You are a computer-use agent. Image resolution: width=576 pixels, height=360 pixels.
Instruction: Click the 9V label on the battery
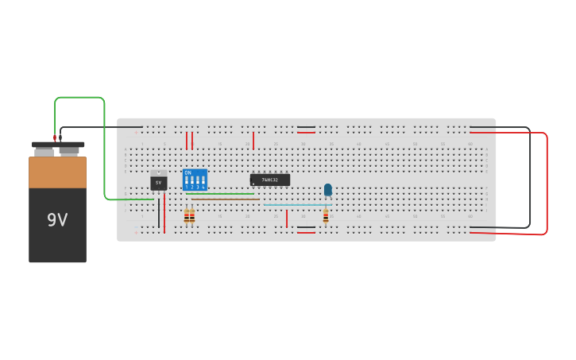pyautogui.click(x=57, y=220)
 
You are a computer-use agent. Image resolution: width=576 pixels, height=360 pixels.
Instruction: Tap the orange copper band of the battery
pyautogui.click(x=57, y=172)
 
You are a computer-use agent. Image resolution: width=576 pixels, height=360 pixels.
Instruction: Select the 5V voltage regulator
pyautogui.click(x=158, y=182)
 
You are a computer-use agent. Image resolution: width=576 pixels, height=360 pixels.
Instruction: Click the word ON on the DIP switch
pyautogui.click(x=187, y=172)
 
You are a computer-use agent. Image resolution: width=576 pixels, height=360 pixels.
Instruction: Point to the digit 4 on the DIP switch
pyautogui.click(x=203, y=188)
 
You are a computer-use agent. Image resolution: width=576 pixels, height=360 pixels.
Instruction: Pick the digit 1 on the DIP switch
pyautogui.click(x=187, y=188)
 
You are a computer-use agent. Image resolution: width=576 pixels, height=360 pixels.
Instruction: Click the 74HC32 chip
pyautogui.click(x=270, y=180)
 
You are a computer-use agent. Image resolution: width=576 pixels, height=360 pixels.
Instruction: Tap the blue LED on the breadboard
pyautogui.click(x=328, y=190)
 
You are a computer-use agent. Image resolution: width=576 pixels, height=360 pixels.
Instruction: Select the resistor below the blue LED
pyautogui.click(x=326, y=215)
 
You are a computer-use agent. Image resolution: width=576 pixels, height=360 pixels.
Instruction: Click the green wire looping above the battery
pyautogui.click(x=79, y=98)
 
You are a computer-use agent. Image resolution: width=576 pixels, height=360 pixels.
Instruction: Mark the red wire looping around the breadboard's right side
pyautogui.click(x=547, y=183)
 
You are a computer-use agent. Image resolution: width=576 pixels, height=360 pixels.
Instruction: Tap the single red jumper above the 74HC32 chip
pyautogui.click(x=253, y=140)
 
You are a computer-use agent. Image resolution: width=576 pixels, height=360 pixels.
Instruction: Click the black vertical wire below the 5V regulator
pyautogui.click(x=159, y=213)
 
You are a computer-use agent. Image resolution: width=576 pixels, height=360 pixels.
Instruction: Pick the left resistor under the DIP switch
pyautogui.click(x=187, y=215)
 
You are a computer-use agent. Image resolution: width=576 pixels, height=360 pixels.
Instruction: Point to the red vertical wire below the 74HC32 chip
pyautogui.click(x=287, y=219)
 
